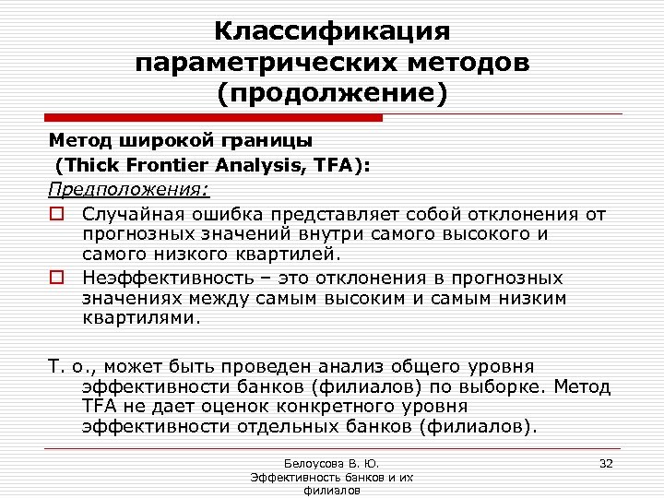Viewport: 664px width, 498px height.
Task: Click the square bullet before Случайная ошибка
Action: tap(56, 215)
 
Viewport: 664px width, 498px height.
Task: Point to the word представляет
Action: tap(337, 214)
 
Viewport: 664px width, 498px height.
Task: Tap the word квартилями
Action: tap(139, 319)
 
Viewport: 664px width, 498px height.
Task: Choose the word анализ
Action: tap(358, 366)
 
